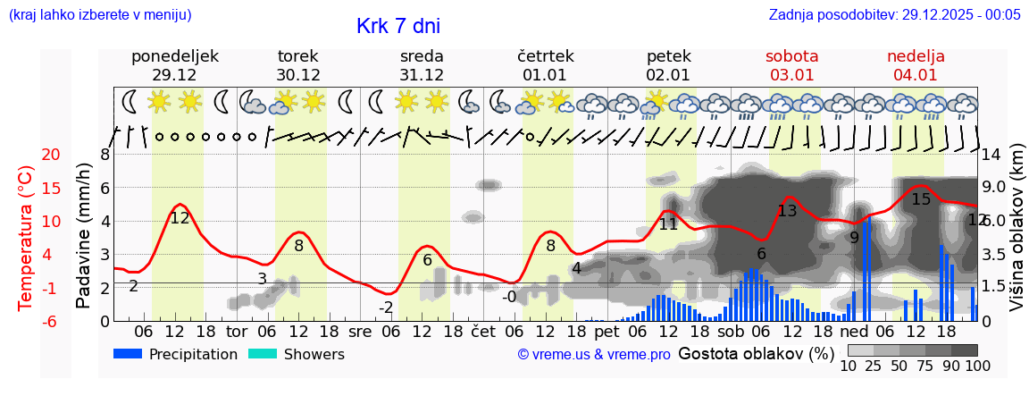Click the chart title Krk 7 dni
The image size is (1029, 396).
397,27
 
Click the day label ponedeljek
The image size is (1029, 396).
174,56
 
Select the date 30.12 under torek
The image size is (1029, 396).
298,75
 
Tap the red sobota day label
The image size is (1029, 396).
791,56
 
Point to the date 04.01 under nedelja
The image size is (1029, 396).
916,75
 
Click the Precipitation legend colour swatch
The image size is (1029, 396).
129,354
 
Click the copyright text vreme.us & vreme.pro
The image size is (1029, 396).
594,355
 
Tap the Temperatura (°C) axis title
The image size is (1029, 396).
25,238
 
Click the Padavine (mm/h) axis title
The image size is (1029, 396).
83,236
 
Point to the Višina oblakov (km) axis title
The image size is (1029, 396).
1016,238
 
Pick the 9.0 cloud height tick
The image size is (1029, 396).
994,188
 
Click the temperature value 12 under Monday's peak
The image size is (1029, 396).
180,217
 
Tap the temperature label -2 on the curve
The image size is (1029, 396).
386,308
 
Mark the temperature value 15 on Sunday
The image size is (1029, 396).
921,199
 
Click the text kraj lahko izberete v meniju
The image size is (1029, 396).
99,14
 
